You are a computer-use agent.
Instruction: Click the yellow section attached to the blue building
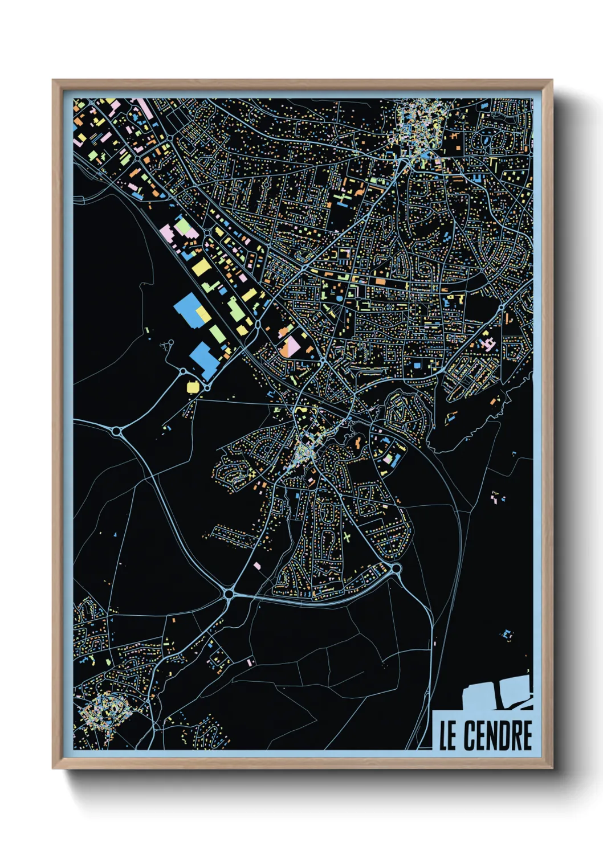[202, 313]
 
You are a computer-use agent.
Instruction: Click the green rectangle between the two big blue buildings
[217, 334]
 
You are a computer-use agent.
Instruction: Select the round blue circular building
[340, 298]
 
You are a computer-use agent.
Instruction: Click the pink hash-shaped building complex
[488, 343]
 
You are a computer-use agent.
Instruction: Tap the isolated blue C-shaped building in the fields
[506, 634]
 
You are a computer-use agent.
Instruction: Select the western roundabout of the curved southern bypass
[229, 594]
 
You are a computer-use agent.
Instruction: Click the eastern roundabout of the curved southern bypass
[396, 568]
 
